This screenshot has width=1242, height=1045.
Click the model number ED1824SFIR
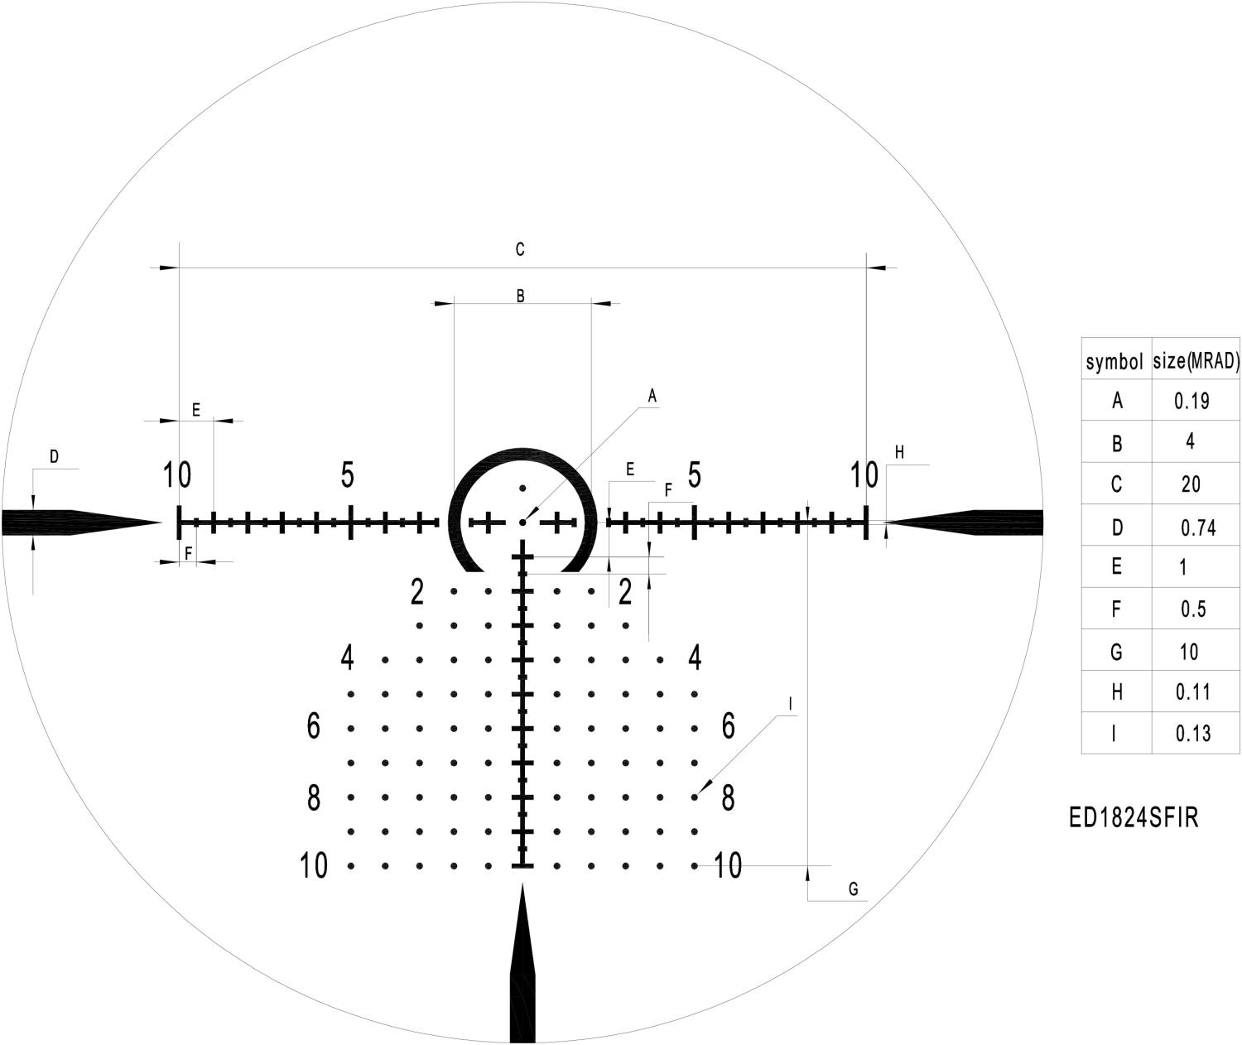pos(1134,817)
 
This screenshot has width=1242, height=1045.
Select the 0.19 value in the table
pos(1191,401)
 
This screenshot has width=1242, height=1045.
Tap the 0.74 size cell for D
pos(1198,527)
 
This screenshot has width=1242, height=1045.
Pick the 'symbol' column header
pos(1114,362)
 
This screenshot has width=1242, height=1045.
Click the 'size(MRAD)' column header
pos(1196,360)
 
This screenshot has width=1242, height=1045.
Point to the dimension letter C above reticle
pos(520,249)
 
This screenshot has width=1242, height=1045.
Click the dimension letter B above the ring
pos(520,296)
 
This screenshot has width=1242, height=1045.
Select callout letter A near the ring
pos(652,396)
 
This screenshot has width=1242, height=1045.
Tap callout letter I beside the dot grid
pos(790,705)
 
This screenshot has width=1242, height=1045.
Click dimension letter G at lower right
pos(853,889)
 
